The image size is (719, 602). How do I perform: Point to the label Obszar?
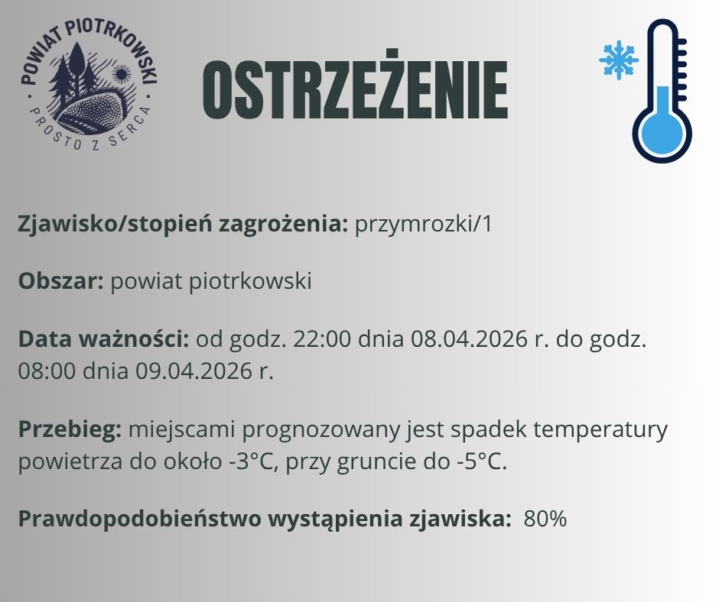click(61, 281)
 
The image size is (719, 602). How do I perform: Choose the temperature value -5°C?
click(478, 463)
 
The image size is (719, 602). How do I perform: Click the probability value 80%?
click(545, 519)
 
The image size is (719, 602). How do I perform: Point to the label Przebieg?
click(70, 429)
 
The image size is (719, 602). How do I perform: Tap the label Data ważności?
click(104, 338)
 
